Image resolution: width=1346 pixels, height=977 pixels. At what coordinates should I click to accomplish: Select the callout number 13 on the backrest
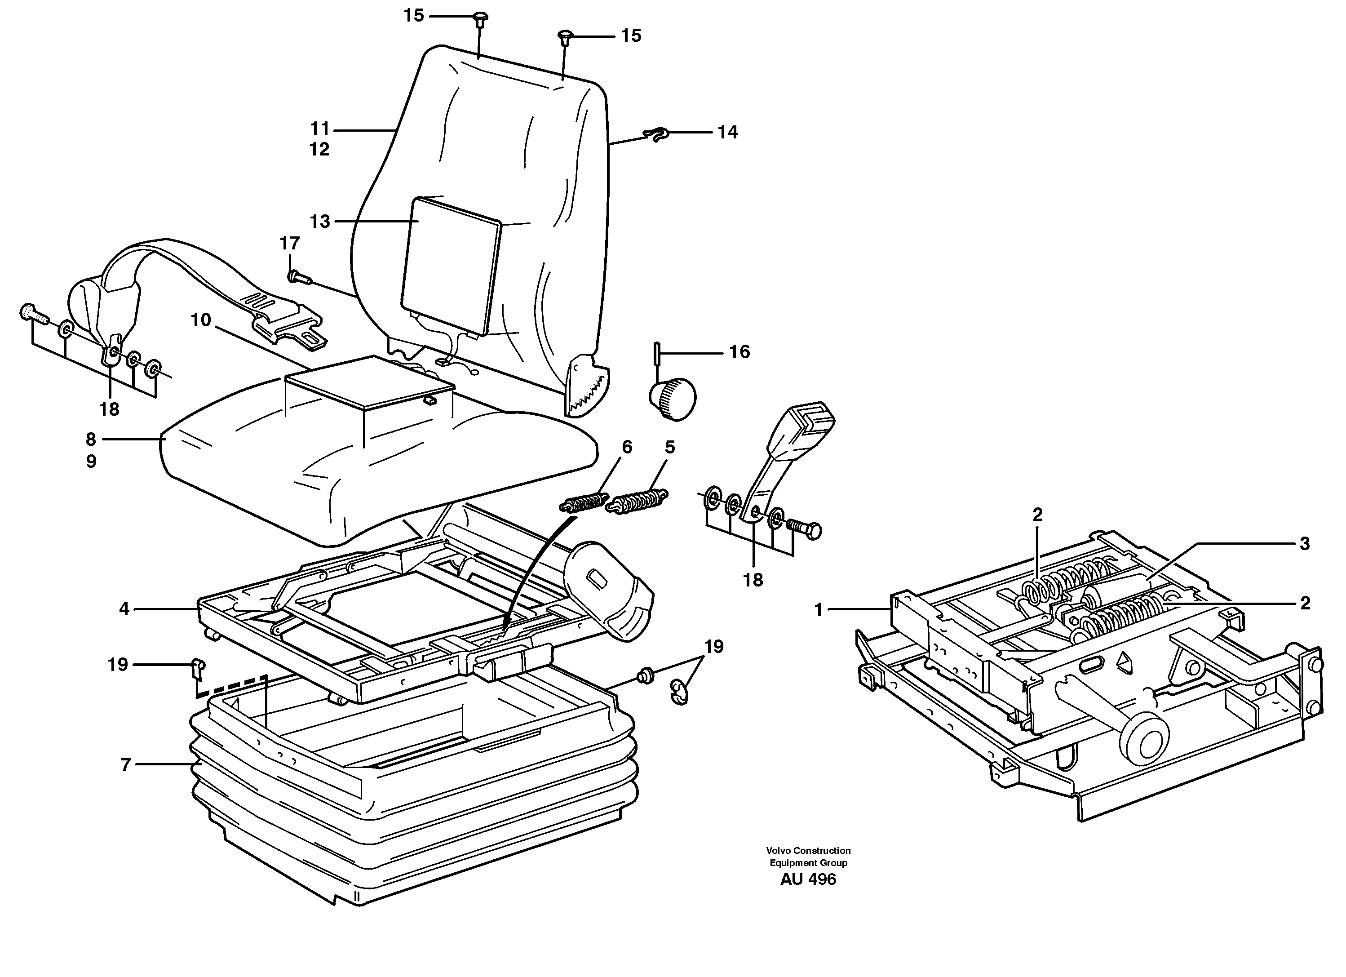click(x=320, y=222)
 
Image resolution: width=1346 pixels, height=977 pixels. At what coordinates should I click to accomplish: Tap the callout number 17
click(x=290, y=244)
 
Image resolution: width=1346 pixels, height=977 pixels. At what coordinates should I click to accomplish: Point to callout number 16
click(x=739, y=352)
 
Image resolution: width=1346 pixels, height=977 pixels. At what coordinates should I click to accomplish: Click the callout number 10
click(x=200, y=320)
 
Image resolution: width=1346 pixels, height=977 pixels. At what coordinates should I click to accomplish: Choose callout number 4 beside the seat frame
click(x=124, y=609)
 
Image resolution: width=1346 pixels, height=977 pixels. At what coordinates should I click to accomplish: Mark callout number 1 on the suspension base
click(x=819, y=609)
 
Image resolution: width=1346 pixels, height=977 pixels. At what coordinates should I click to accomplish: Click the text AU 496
click(x=808, y=879)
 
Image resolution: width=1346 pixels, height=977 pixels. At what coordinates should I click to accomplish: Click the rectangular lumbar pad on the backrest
click(x=451, y=265)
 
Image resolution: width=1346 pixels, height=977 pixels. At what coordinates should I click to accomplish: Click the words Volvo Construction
click(x=808, y=851)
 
